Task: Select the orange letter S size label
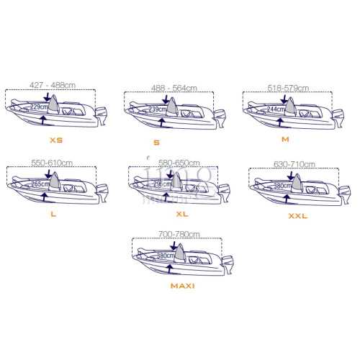156,142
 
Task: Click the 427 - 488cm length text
53,85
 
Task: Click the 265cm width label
40,184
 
